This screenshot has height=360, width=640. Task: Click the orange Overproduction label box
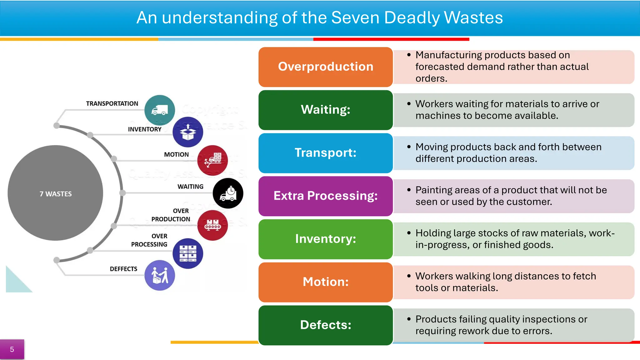(325, 67)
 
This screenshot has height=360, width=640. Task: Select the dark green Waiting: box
(325, 110)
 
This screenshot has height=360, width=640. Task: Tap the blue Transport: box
(325, 153)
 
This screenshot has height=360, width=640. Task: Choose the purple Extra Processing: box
(325, 196)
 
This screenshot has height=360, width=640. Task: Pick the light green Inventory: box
(325, 239)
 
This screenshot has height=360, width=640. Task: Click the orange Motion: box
(325, 282)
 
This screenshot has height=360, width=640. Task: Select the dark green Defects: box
(325, 325)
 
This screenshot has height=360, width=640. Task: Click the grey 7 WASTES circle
(55, 193)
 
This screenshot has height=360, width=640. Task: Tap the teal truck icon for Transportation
(160, 110)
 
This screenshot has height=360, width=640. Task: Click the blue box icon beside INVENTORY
(188, 132)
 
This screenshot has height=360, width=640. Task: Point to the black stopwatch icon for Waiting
(228, 193)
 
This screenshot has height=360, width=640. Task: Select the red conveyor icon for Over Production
(212, 225)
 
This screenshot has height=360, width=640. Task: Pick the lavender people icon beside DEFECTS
(160, 275)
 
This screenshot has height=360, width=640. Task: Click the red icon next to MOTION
(212, 160)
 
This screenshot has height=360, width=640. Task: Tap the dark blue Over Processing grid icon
(188, 253)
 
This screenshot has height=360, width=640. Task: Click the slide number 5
(12, 349)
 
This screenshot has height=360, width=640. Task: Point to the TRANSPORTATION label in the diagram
(112, 104)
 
